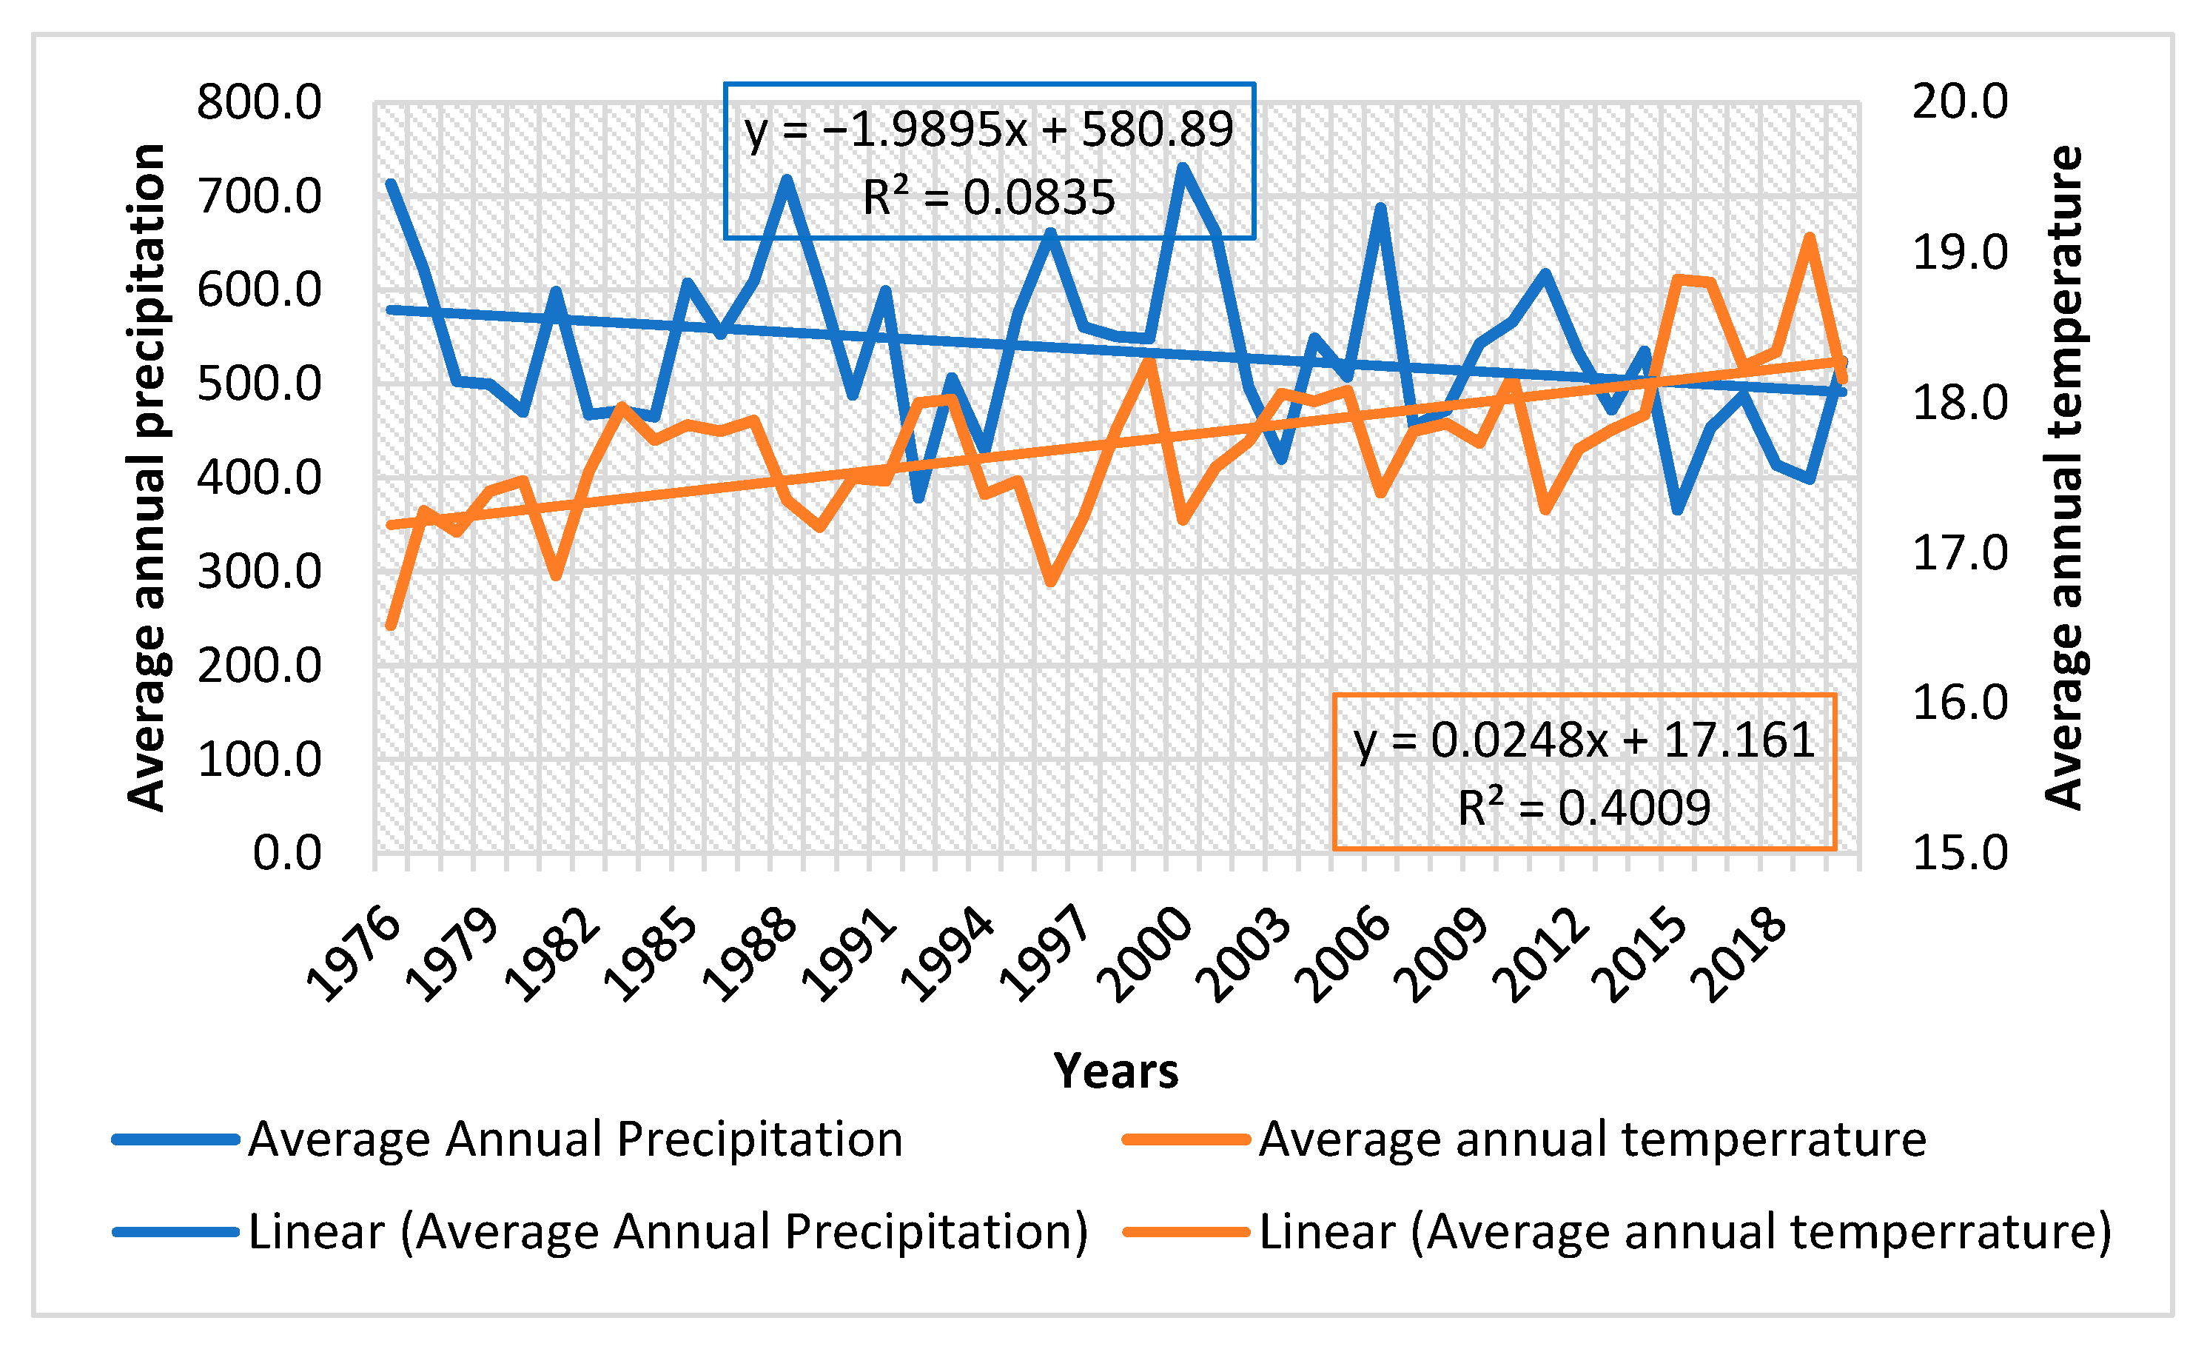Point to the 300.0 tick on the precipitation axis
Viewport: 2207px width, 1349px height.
pyautogui.click(x=259, y=571)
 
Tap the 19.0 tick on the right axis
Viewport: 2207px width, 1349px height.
pyautogui.click(x=1960, y=252)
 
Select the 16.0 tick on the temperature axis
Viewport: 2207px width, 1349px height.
pyautogui.click(x=1960, y=703)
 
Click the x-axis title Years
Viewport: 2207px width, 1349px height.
pyautogui.click(x=1115, y=1071)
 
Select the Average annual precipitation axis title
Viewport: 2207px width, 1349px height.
pyautogui.click(x=146, y=477)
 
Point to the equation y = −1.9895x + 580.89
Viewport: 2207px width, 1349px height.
pyautogui.click(x=989, y=129)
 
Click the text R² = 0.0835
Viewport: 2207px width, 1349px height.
pyautogui.click(x=989, y=197)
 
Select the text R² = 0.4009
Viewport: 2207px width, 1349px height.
pyautogui.click(x=1584, y=808)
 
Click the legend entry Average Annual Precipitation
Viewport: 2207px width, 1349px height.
pyautogui.click(x=574, y=1139)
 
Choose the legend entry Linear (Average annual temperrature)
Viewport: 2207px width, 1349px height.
pyautogui.click(x=1684, y=1232)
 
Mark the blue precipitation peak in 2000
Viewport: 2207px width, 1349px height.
pyautogui.click(x=1183, y=167)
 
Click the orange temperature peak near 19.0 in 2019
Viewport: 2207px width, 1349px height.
pyautogui.click(x=1810, y=238)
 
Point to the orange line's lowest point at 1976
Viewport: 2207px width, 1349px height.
pyautogui.click(x=391, y=625)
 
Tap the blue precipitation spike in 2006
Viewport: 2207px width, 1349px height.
pyautogui.click(x=1381, y=208)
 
